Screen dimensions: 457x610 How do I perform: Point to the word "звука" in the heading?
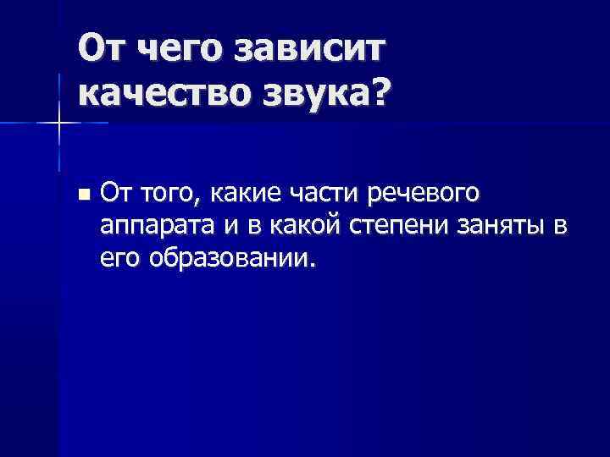point(313,96)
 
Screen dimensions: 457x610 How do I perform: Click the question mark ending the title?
point(374,94)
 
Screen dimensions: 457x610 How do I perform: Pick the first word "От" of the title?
point(101,50)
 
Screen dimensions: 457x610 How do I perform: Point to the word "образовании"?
point(234,256)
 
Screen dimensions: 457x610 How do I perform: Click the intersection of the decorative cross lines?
point(58,124)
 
